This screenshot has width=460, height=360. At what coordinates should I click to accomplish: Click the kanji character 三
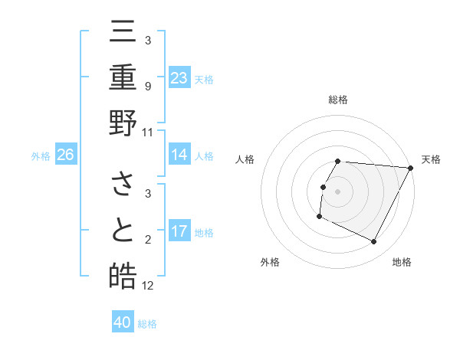(123, 31)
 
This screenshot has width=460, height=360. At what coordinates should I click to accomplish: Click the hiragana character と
(123, 231)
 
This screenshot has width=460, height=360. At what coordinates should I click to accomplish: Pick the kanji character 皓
(123, 275)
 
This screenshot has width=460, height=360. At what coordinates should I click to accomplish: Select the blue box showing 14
(179, 155)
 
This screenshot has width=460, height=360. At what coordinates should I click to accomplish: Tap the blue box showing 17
(179, 231)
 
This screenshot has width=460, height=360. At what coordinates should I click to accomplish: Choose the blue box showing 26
(66, 155)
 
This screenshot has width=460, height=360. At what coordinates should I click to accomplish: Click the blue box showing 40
(123, 322)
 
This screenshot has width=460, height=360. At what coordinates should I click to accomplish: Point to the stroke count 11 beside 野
(148, 133)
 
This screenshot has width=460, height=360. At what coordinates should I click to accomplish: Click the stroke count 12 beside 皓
(148, 286)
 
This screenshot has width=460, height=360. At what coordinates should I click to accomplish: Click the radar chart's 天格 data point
(410, 168)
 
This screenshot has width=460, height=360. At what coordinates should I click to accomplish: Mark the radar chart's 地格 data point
(374, 242)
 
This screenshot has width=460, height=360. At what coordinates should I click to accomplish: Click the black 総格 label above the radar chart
(338, 100)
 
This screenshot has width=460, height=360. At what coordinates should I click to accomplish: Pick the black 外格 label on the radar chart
(270, 262)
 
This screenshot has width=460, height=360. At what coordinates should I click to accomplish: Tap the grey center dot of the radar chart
(338, 191)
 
